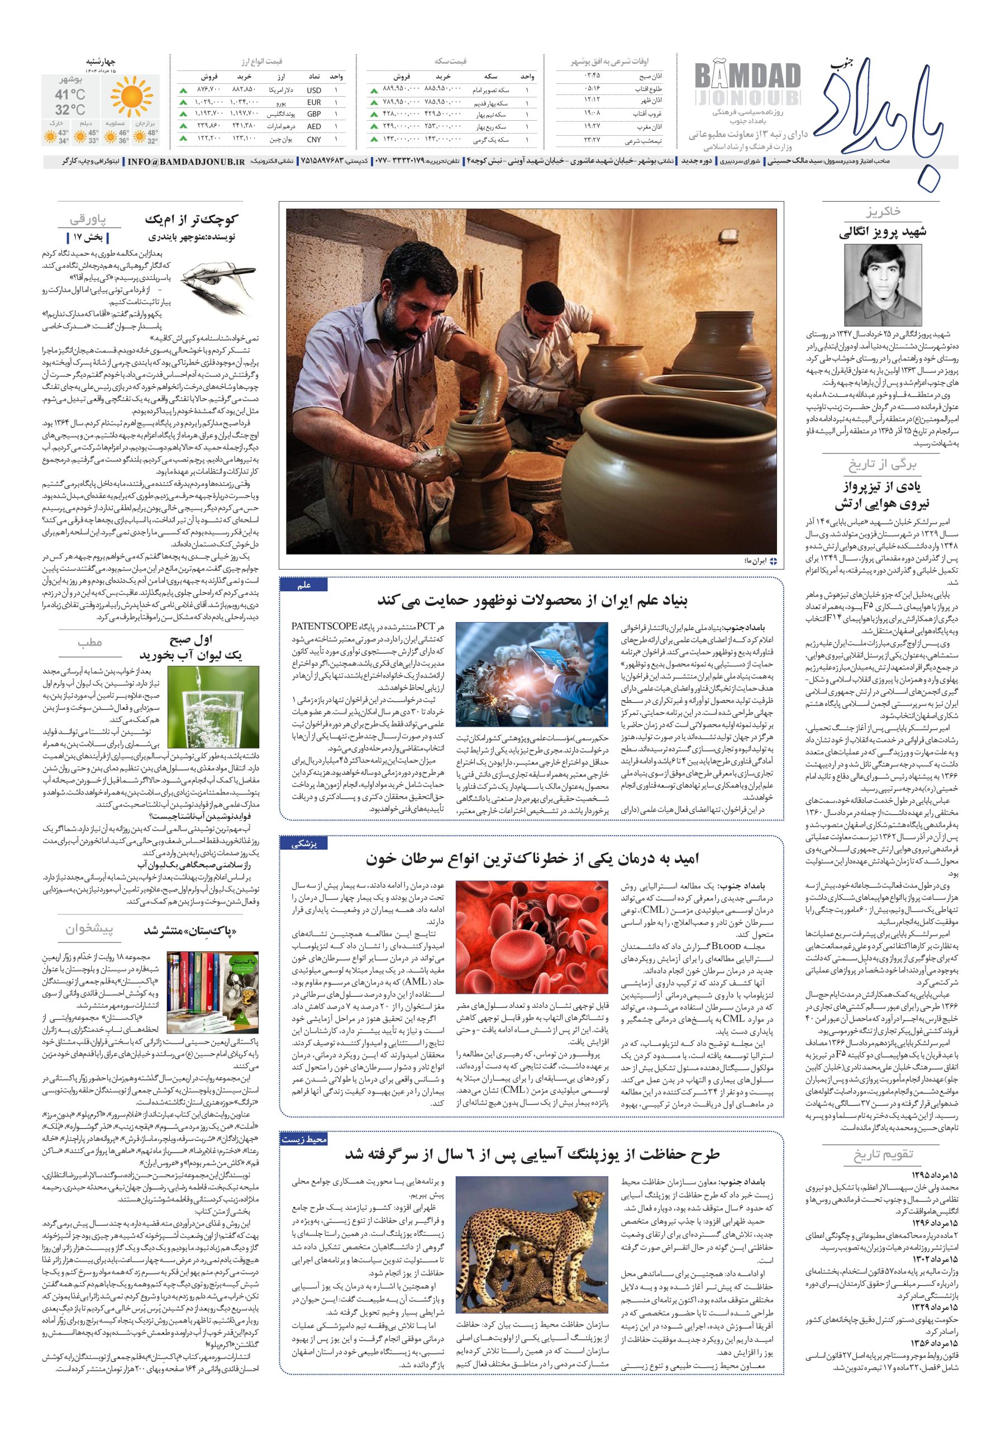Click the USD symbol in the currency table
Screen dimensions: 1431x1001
[314, 91]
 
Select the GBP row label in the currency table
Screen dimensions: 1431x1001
[314, 115]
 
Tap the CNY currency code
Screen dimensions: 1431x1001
[314, 140]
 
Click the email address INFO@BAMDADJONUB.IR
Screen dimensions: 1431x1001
[186, 162]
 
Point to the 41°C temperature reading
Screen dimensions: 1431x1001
[70, 94]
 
